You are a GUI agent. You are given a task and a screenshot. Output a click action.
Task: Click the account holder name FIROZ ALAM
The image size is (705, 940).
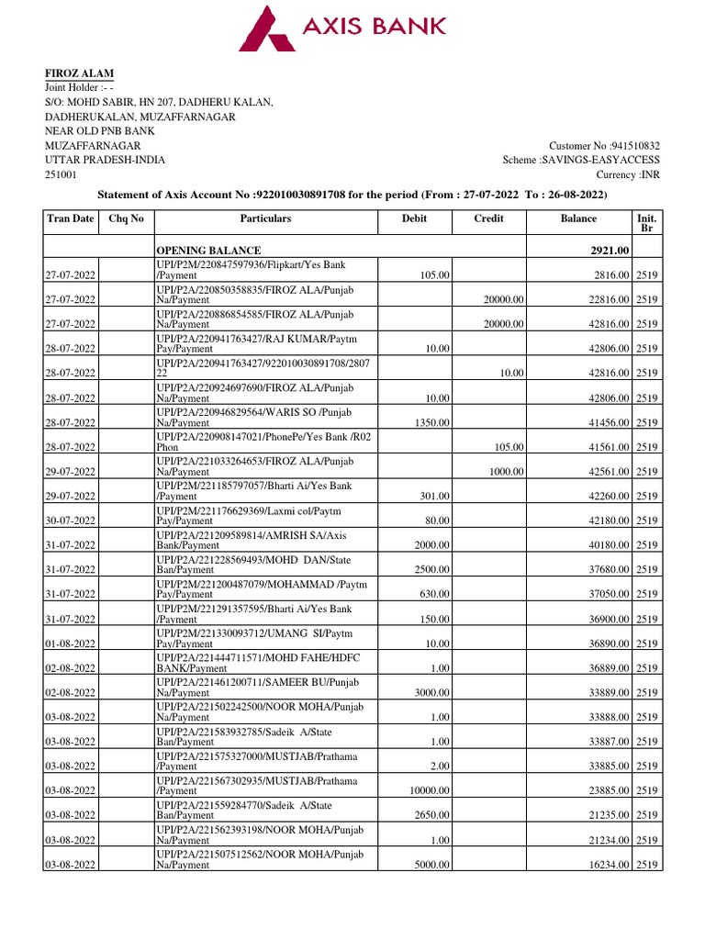81,73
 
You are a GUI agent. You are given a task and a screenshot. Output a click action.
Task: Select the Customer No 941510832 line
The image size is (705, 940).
604,146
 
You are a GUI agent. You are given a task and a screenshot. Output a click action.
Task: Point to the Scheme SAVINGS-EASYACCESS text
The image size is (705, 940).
581,160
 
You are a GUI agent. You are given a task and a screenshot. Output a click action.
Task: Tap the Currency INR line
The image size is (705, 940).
628,174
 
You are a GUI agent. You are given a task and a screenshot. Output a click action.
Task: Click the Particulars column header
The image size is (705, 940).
265,219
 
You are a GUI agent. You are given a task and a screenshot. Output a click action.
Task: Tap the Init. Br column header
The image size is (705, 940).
645,223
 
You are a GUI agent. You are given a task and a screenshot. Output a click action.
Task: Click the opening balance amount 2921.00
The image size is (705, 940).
609,251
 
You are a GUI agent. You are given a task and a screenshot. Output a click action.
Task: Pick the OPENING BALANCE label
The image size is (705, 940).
208,251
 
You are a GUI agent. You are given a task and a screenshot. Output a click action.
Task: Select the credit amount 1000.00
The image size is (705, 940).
505,472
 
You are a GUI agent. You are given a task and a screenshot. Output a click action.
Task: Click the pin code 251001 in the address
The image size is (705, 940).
62,174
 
